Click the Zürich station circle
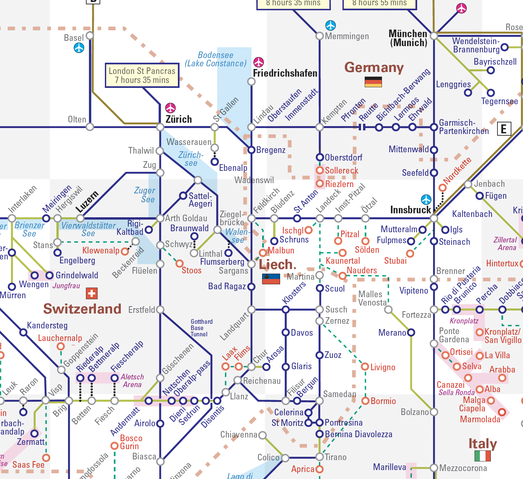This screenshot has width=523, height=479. pos(160,127)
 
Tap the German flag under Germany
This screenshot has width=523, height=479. pos(373,82)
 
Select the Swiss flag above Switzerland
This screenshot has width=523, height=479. pos(92,293)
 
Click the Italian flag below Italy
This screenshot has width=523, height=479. pos(483,456)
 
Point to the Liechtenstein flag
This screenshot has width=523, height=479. pos(271,279)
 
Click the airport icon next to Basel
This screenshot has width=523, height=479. pos(79,48)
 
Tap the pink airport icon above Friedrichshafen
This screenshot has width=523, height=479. pos(259,62)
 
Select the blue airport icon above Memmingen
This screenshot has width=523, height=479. pos(331,25)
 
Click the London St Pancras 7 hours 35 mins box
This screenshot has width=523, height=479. pos(142,75)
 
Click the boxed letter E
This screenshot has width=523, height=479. pos(503,129)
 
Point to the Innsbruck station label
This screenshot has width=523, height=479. pos(411,210)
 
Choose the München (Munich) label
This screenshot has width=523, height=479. pos(408,38)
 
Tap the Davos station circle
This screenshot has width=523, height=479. pos(285,332)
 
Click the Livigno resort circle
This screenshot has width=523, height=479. pos(365,367)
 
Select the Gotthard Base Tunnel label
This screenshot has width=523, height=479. pos(201,328)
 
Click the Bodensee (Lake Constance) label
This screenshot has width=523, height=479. pos(216,59)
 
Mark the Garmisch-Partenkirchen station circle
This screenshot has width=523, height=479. pos(434,127)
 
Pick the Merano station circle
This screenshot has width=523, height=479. pos(411,332)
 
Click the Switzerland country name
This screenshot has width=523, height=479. pos(82,309)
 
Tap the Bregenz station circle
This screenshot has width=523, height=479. pos(252,150)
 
